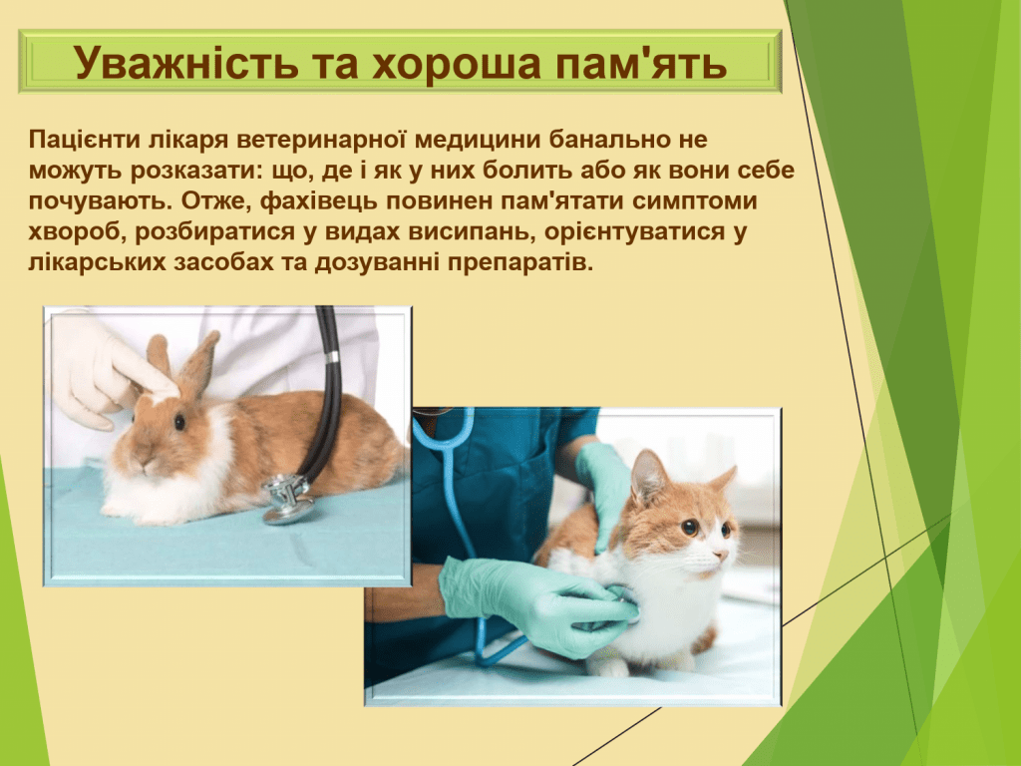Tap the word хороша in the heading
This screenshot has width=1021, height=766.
coord(457,63)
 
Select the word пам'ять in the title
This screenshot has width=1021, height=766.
coord(639,63)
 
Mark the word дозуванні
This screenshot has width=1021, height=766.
coord(376,263)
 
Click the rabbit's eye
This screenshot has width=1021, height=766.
coord(179,421)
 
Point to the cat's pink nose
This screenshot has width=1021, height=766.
coord(721,555)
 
